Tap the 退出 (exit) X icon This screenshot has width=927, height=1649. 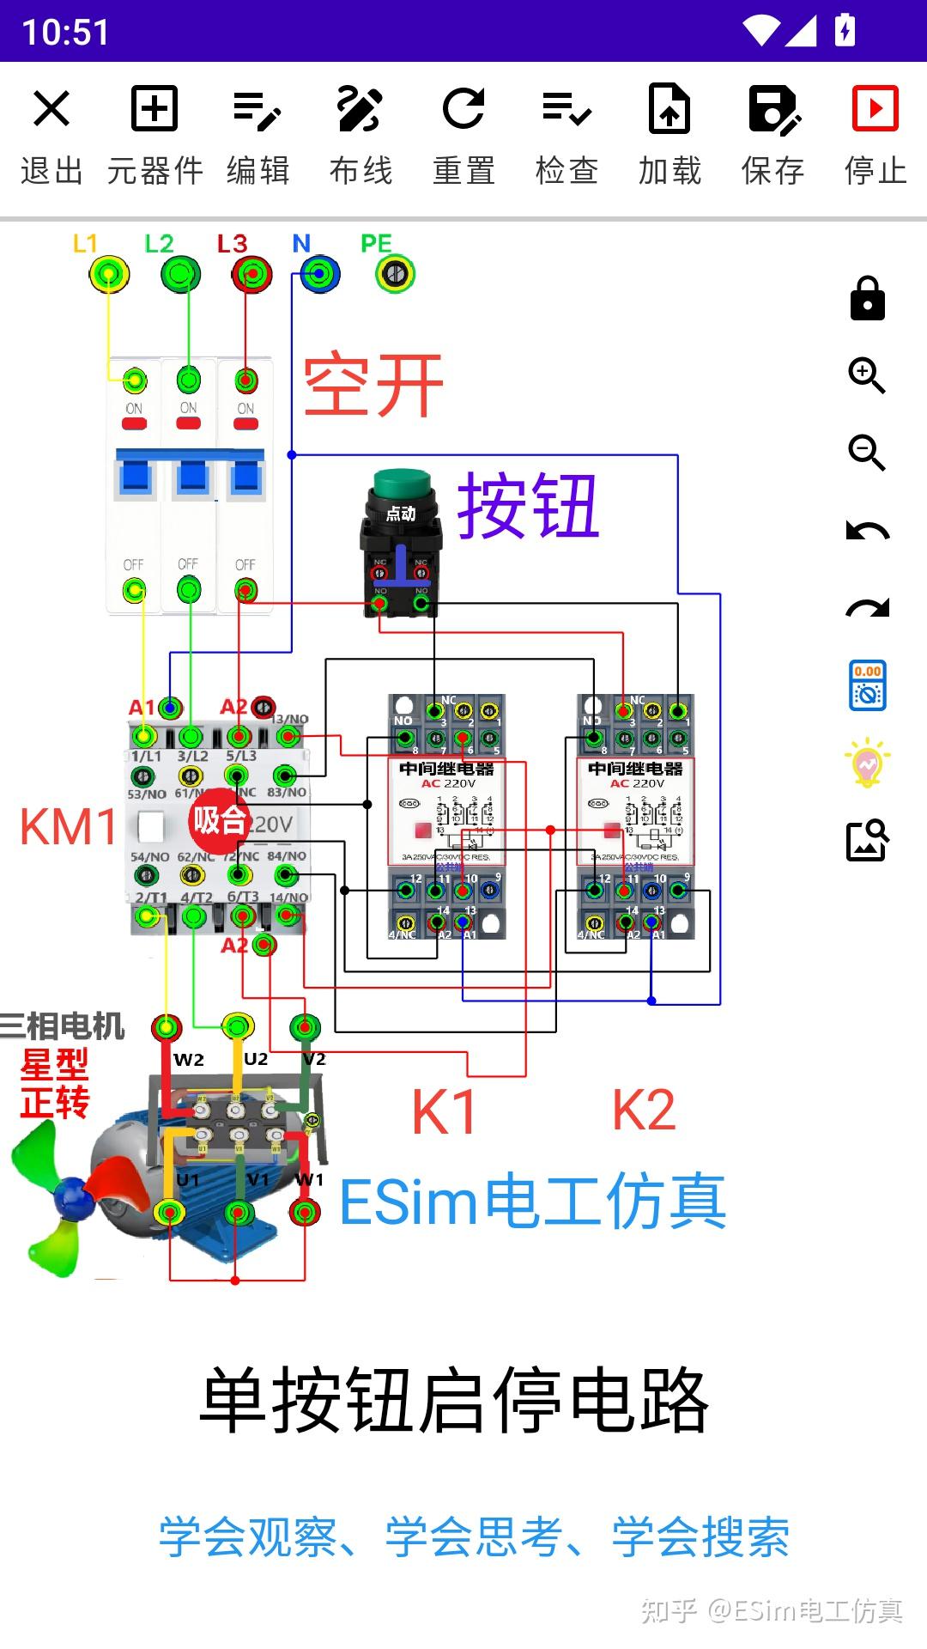tap(51, 109)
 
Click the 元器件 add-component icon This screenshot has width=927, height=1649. tap(154, 109)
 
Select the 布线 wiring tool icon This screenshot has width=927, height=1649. tap(360, 109)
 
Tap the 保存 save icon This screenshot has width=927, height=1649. tap(773, 109)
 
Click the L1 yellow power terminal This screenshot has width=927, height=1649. tap(109, 275)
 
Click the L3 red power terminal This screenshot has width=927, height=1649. tap(251, 275)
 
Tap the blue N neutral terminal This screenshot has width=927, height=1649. tap(319, 275)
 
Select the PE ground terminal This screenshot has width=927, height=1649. tap(395, 274)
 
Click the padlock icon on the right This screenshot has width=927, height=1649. tap(867, 299)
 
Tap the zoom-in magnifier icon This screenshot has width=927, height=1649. tap(867, 375)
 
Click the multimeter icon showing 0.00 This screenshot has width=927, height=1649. tap(867, 685)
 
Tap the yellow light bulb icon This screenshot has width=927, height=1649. tap(867, 763)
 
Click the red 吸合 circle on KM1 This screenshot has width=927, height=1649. tap(220, 820)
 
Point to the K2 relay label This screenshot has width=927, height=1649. tap(644, 1110)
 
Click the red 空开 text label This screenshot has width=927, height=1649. tap(373, 386)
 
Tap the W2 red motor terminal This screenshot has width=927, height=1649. tap(167, 1027)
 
